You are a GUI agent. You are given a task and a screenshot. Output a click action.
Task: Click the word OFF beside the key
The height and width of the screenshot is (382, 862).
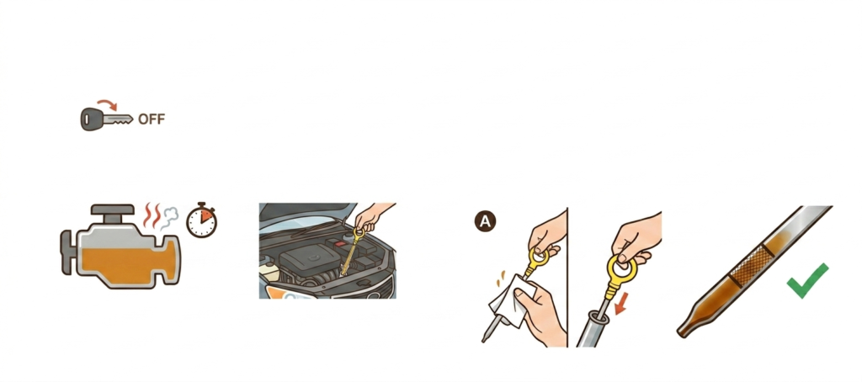pos(152,119)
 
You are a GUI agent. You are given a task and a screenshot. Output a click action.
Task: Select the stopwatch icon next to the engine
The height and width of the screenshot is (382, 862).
pos(201,220)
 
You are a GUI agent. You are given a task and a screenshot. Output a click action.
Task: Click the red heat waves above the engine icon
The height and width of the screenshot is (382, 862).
pos(153,215)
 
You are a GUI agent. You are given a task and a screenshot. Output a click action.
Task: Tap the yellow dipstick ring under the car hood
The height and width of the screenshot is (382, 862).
pos(359,235)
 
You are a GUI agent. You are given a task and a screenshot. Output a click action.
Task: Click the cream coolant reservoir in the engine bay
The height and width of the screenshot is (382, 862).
pos(268,272)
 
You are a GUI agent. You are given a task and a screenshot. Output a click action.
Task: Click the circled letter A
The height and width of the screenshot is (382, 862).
pos(485,221)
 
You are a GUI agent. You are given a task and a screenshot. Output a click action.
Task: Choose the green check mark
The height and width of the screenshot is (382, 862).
pos(807,280)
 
